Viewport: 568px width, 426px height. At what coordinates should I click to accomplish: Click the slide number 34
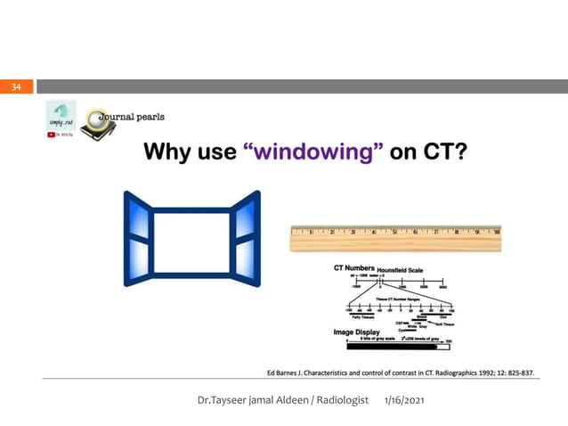point(16,86)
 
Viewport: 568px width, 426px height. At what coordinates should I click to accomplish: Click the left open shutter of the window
point(137,239)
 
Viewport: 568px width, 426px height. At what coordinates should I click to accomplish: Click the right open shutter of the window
point(245,239)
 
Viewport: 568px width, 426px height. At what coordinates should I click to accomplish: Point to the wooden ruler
point(394,238)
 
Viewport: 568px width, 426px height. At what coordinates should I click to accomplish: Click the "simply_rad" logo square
point(61,114)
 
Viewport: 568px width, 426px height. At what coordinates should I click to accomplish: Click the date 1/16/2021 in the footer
point(404,402)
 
